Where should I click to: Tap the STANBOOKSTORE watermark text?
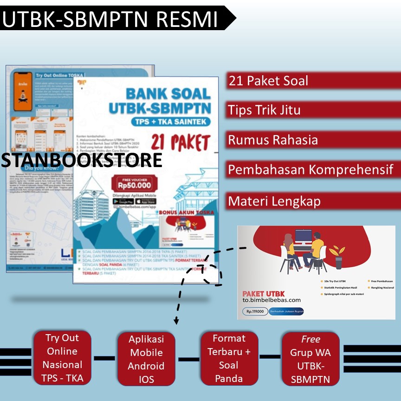tap(82, 160)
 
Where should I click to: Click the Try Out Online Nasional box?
tap(62, 358)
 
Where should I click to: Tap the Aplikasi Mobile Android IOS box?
tap(146, 359)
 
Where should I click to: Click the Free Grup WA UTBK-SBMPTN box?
tap(310, 359)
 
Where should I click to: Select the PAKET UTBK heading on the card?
tap(264, 293)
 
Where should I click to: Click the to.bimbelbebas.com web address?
tap(272, 300)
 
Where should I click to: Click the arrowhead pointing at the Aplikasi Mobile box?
tap(176, 321)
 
